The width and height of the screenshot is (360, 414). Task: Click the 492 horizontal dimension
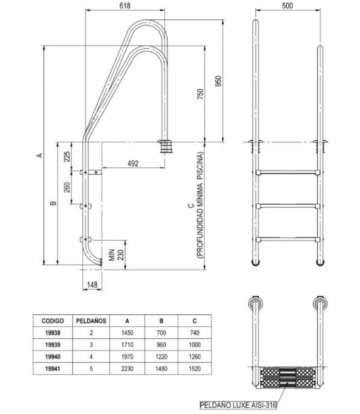pos(133,163)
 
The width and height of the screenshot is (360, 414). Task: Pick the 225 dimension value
pos(67,157)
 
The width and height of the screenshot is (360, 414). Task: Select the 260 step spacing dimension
pos(67,187)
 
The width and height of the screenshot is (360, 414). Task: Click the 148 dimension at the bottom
pos(92,285)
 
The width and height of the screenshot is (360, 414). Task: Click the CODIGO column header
pos(52,321)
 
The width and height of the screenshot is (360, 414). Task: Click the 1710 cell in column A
pos(127,345)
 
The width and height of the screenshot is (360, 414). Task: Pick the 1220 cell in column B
pos(161,357)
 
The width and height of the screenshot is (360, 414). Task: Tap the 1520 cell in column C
pos(194,369)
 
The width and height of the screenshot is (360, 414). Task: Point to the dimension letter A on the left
pos(39,155)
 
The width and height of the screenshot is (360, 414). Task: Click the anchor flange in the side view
pos(164,147)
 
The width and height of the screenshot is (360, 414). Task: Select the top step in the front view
pos(288,172)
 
